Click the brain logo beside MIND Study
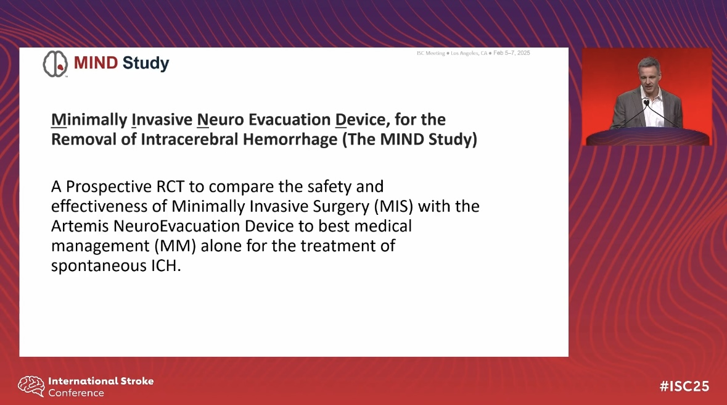[55, 64]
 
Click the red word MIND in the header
[96, 63]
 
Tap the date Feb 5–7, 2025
[511, 53]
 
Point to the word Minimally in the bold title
[89, 120]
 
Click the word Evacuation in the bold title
[289, 119]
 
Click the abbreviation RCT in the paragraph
[170, 186]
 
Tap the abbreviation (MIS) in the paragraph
[393, 206]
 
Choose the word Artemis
[80, 226]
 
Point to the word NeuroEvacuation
[176, 226]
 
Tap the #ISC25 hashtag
[684, 386]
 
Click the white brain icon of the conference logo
[31, 386]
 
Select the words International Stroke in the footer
[101, 381]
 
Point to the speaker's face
[649, 77]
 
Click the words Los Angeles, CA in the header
[469, 54]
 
